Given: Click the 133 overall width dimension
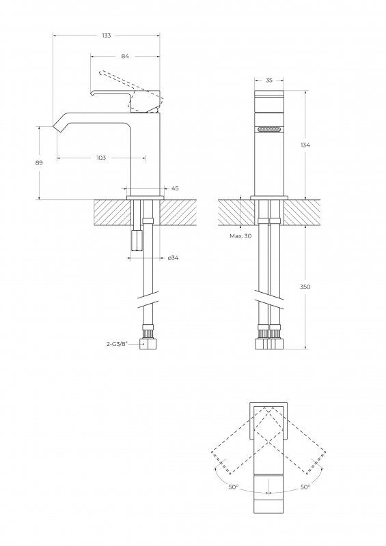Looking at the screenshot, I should click(107, 35).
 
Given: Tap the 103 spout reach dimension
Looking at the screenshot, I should click(101, 158).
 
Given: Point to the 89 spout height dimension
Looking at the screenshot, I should click(39, 162).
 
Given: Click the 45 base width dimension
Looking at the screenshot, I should click(175, 188).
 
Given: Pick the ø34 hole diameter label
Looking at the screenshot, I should click(174, 257).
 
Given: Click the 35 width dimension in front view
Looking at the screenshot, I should click(269, 81).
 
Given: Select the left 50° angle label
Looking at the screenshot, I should click(234, 487).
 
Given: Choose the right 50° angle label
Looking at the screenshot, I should click(305, 487).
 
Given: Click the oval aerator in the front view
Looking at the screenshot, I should click(269, 128).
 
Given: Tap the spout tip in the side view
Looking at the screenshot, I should click(57, 127).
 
